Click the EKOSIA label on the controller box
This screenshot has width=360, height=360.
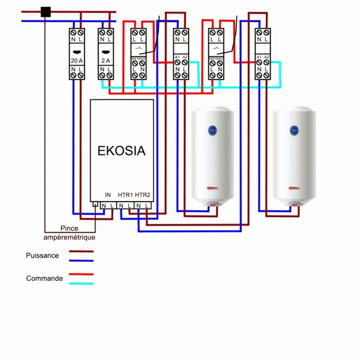pos(121,151)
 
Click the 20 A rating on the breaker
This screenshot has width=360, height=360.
pos(77,60)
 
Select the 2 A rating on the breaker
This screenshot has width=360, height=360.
pos(106,60)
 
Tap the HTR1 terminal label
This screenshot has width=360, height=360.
pos(125,195)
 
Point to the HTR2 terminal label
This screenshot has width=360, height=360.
pos(143,195)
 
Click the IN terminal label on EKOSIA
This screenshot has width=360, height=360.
pos(108,195)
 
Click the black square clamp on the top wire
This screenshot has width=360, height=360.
pos(46,12)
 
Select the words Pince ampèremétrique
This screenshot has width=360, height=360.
pos(70,233)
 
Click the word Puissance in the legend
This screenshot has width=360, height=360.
pos(42,255)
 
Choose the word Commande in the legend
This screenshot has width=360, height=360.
pos(44,278)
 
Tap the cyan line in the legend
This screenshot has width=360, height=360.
pos(81,284)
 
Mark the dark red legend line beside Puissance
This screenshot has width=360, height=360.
pos(81,251)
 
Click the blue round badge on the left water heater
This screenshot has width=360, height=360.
pos(212,130)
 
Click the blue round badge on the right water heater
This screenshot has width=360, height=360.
pos(293,130)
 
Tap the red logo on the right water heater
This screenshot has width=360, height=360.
pos(292,188)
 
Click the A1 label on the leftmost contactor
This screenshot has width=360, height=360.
pos(177,58)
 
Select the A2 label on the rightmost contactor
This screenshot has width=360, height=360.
pos(267,58)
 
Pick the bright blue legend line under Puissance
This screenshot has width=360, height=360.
pos(81,261)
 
